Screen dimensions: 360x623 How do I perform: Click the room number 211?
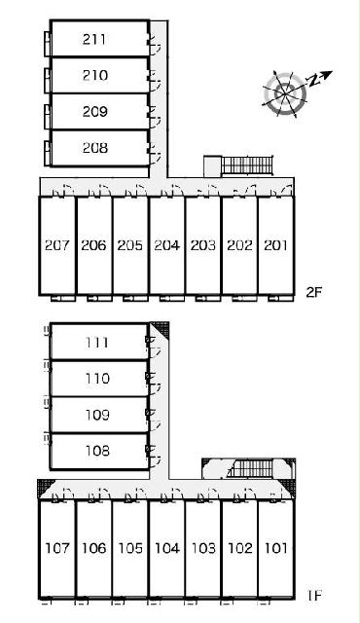(94, 39)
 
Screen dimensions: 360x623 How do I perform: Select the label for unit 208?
(94, 148)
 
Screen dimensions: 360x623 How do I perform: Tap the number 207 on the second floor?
(57, 245)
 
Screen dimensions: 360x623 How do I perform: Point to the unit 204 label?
(166, 245)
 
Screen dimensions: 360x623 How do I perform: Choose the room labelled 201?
(275, 245)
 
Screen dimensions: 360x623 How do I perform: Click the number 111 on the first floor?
(96, 343)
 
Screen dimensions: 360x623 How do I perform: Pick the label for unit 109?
(97, 415)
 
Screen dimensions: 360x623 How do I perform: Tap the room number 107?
(57, 548)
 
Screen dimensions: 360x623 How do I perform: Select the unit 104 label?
(167, 548)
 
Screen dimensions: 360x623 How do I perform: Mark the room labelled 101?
(275, 548)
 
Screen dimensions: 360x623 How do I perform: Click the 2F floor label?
(313, 292)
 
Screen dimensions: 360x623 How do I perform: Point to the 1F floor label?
(314, 595)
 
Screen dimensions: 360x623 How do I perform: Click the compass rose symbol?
(285, 94)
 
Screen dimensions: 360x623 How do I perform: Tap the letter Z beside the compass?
(314, 81)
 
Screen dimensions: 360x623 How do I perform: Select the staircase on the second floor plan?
(247, 165)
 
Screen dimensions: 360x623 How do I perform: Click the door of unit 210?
(155, 82)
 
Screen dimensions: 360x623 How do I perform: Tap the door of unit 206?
(100, 191)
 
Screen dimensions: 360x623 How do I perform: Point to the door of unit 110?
(154, 383)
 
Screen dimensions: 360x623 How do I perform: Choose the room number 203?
(202, 245)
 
